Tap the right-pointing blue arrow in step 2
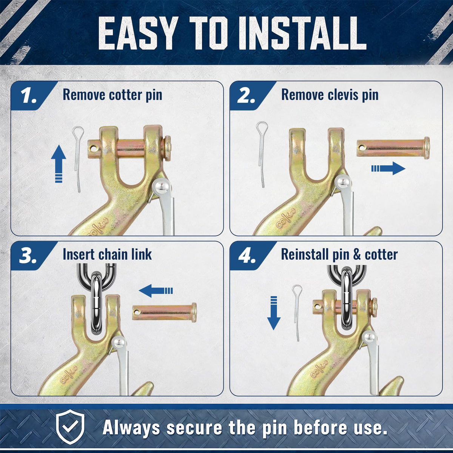(388, 168)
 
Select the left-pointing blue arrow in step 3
(156, 291)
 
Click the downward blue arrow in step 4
(274, 313)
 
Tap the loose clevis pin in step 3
(165, 313)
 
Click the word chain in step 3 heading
(114, 254)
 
